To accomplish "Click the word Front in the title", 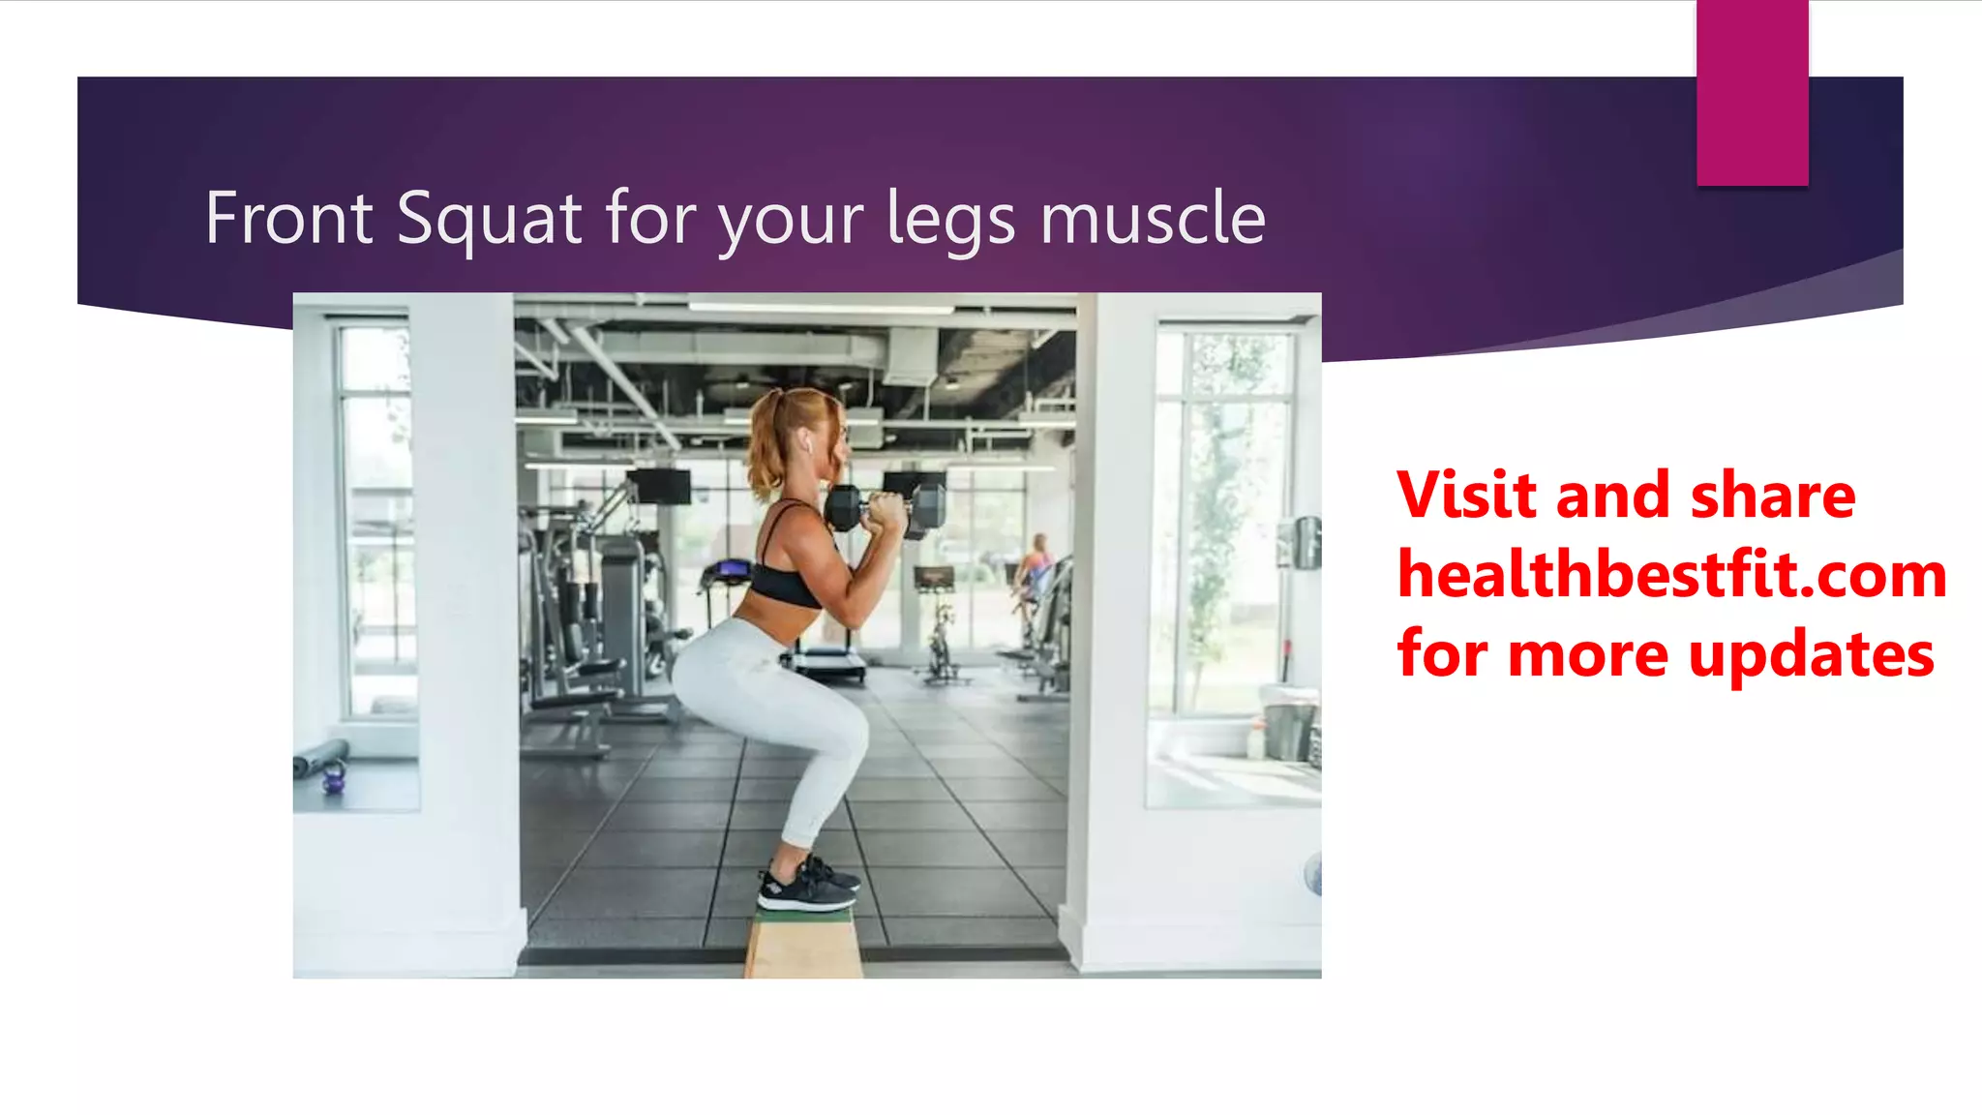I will coord(288,219).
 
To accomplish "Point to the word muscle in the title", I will coord(1153,219).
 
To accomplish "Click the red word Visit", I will coord(1468,496).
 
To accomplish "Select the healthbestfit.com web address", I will coord(1671,575).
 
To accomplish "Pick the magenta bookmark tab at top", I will coord(1752,92).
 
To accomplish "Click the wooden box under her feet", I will coord(803,943).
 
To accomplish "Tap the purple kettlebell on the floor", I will coord(334,777).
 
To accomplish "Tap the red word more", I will coord(1587,655).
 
